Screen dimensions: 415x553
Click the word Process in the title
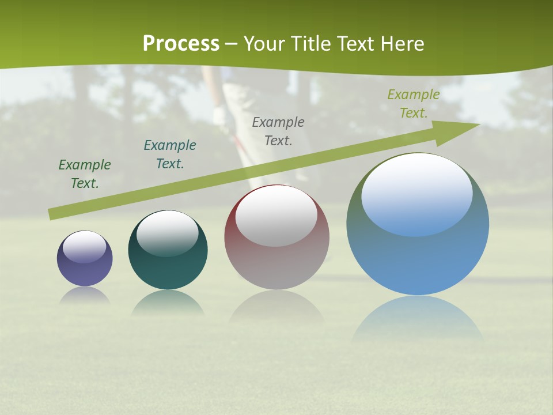181,44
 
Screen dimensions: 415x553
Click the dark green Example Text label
85,173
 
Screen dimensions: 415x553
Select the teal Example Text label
170,154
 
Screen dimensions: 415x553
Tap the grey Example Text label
278,131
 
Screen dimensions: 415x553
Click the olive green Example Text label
414,103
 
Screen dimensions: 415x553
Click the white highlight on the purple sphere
85,247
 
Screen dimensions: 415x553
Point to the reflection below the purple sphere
85,295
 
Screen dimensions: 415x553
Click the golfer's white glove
221,115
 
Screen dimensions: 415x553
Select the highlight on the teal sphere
168,232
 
